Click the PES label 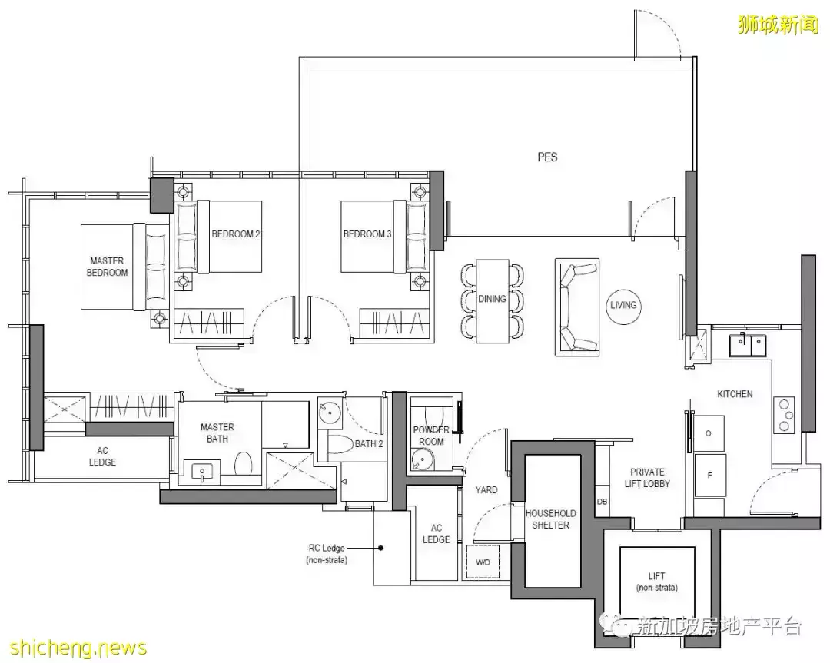coord(547,157)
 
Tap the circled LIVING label coord(623,305)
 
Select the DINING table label coord(492,299)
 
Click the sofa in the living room coord(577,307)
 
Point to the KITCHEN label coord(735,393)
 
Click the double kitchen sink coord(748,346)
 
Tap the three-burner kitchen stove coord(785,414)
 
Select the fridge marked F coord(710,475)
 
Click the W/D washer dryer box coord(483,562)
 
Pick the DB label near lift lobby coord(602,502)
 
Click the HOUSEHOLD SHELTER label coord(550,519)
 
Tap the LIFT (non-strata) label coord(657,582)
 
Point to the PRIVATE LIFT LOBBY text coord(647,478)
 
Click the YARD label coord(486,490)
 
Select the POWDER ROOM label coord(431,436)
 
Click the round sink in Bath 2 coord(330,412)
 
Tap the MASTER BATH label coord(217,433)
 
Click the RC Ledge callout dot coord(380,549)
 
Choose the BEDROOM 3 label coord(367,234)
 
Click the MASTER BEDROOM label coord(107,267)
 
